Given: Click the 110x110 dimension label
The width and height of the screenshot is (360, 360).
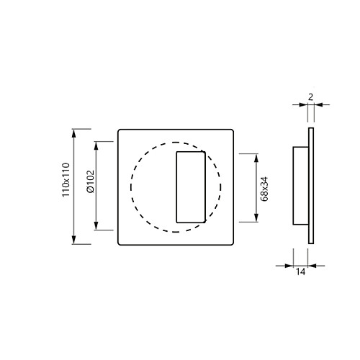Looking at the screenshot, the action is pyautogui.click(x=66, y=180).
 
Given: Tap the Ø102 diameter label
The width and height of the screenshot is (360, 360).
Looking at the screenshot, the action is pyautogui.click(x=91, y=181).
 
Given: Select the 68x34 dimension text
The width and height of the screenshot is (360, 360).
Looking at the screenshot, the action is pyautogui.click(x=264, y=189).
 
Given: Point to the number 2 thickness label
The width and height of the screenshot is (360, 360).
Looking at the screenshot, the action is pyautogui.click(x=310, y=97).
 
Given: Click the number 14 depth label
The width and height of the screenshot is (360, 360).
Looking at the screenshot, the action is pyautogui.click(x=300, y=271).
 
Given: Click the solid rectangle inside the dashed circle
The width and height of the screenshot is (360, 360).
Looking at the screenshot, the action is pyautogui.click(x=191, y=151).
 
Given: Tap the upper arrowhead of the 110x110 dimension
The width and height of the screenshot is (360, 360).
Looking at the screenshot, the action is pyautogui.click(x=73, y=133).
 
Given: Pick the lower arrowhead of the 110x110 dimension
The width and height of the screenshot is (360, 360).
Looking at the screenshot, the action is pyautogui.click(x=73, y=240).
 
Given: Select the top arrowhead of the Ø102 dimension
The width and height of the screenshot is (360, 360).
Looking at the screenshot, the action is pyautogui.click(x=96, y=146).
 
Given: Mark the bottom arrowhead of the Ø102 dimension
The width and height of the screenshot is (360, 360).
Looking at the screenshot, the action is pyautogui.click(x=96, y=225).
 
